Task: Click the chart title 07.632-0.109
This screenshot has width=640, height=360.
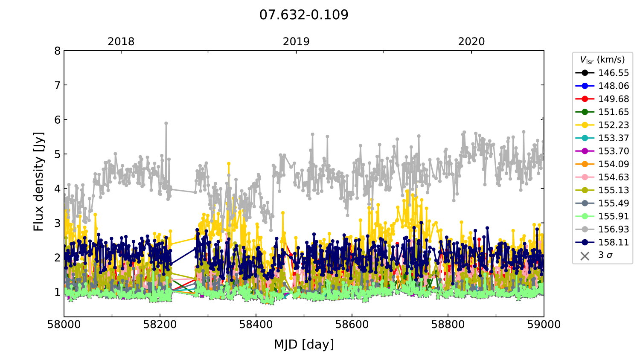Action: tap(304, 15)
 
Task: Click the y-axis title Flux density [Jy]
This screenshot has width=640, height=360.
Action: tap(38, 181)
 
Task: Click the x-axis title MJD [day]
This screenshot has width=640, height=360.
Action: tap(304, 344)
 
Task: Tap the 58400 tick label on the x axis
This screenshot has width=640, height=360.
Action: tap(256, 325)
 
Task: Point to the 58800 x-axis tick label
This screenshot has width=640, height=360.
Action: tap(448, 325)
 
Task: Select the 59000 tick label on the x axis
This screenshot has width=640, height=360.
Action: tap(544, 325)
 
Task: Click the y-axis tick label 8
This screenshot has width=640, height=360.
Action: tap(57, 51)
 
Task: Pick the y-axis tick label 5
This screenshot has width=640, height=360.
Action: tap(57, 154)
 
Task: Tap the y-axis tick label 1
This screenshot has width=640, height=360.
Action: tap(57, 292)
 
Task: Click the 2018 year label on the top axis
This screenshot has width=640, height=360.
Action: tap(121, 42)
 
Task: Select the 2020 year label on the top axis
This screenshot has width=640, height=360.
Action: tap(471, 42)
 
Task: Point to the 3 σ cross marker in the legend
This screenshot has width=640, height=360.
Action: tap(585, 255)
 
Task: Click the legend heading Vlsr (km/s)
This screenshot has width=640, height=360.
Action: tap(602, 60)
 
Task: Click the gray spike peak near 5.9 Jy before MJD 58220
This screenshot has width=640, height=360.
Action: tap(166, 123)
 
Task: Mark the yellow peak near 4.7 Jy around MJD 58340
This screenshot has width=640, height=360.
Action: tap(229, 163)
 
